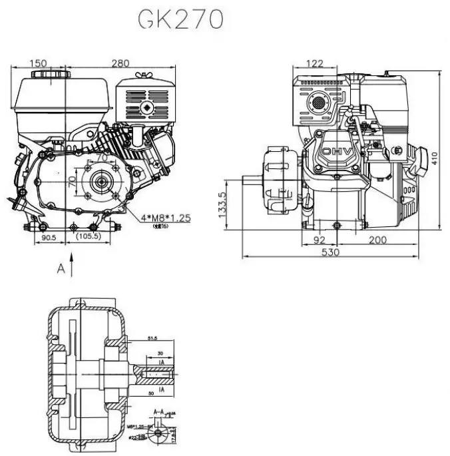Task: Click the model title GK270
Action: [x=179, y=20]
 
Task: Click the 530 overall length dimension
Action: [x=330, y=252]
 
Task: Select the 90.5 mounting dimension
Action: [x=47, y=237]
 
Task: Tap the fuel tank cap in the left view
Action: [x=40, y=72]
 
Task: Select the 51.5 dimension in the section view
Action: [x=153, y=339]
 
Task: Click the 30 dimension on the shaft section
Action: [x=160, y=353]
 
